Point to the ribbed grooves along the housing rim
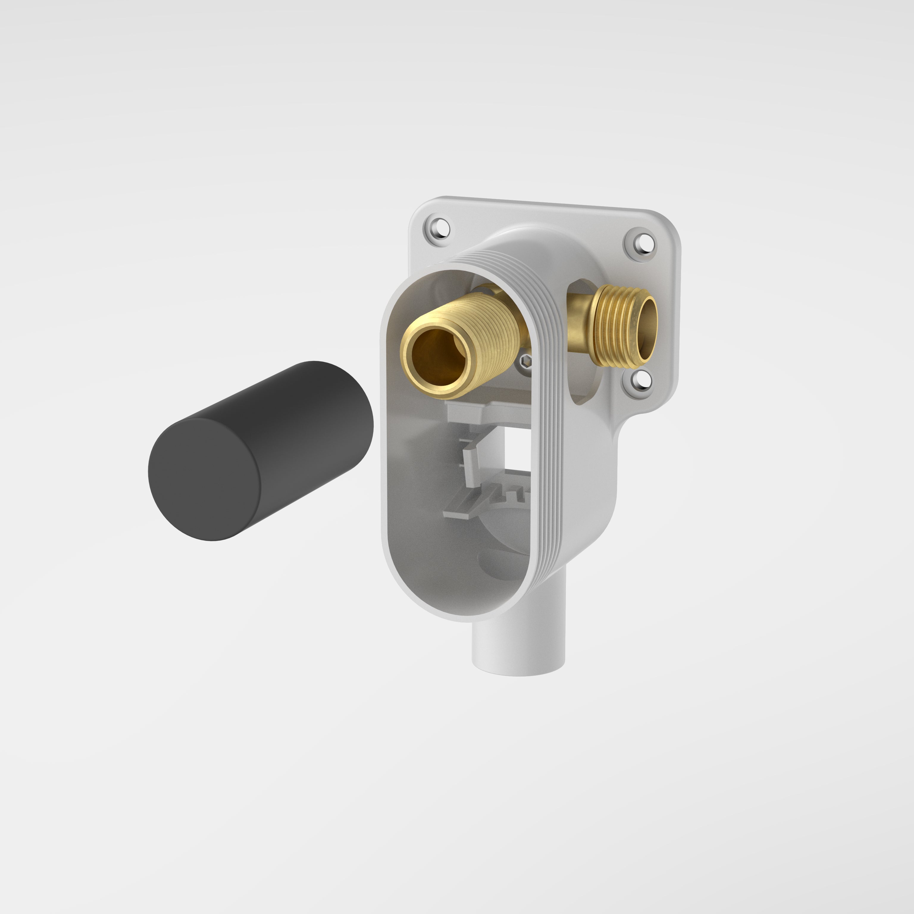click(549, 426)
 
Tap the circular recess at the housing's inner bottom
click(501, 558)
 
